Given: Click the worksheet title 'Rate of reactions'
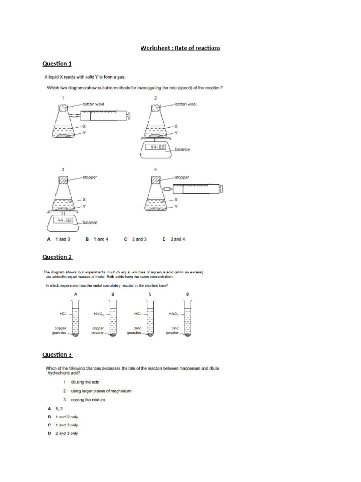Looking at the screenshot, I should coord(180,48).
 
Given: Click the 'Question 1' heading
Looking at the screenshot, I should coord(57,64).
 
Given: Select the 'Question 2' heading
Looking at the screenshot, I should coord(57,257).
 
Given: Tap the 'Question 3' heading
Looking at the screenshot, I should coord(57,355).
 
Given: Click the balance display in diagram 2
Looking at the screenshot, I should coord(156,147).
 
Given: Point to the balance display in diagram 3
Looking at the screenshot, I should coord(63,220).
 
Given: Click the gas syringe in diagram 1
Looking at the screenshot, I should coord(101,113).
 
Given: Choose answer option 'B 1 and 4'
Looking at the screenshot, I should coord(97,239).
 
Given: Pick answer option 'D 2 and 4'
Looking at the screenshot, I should coord(174,239).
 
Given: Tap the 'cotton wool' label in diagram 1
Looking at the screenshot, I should coord(94,104).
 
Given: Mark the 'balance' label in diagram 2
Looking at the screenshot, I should coord(182,149).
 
